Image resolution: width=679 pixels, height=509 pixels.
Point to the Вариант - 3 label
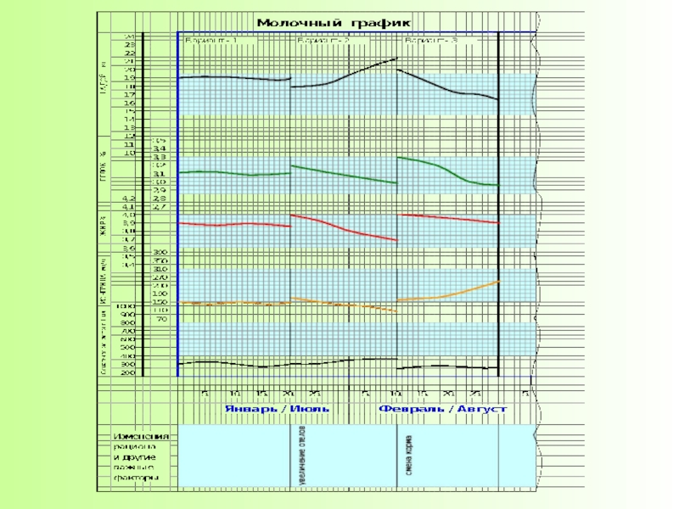[x=433, y=40]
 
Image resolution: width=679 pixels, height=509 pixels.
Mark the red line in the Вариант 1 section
[x=229, y=224]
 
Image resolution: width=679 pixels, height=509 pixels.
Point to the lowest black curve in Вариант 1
[x=229, y=363]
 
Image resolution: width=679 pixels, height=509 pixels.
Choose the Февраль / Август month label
[x=442, y=409]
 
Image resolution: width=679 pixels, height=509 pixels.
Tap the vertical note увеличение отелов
[x=303, y=456]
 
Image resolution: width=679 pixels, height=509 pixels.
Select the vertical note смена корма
[x=410, y=456]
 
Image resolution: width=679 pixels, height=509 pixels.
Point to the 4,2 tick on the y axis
[x=129, y=198]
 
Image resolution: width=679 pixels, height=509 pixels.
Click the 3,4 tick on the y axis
[x=159, y=148]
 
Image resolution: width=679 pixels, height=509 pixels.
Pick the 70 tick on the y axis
[x=160, y=319]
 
